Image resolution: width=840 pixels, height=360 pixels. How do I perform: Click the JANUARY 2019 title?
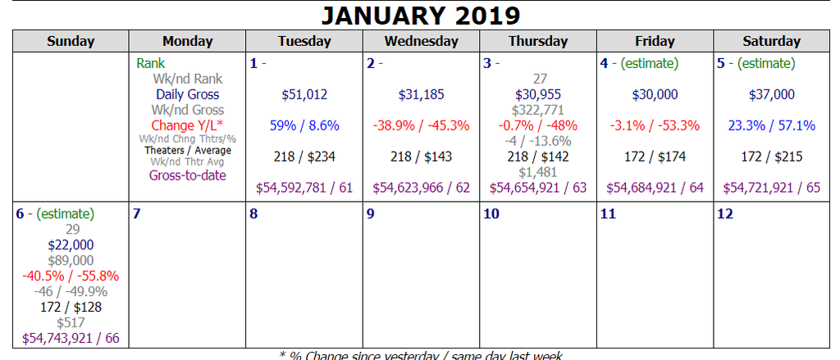coord(419,15)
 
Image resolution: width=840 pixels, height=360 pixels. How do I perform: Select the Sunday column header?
coord(71,41)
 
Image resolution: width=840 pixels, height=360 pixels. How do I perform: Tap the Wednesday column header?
coord(422,41)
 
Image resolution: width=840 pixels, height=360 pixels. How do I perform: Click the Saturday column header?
coord(771,41)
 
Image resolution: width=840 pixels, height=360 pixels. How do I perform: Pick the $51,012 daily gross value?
coord(304,94)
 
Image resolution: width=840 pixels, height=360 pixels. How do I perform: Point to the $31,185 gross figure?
coord(422,94)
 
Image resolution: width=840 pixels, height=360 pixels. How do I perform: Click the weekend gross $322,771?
coord(538,110)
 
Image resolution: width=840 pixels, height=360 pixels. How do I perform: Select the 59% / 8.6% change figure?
coord(304,125)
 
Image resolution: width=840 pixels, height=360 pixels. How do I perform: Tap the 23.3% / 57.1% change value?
coord(772,125)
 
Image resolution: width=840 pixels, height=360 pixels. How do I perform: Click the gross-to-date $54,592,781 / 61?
coord(304,188)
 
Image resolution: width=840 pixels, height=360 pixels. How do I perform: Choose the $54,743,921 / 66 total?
coord(71,337)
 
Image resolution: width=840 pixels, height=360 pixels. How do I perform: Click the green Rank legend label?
coord(150,63)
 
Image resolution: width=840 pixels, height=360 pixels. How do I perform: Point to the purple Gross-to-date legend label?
coord(188,175)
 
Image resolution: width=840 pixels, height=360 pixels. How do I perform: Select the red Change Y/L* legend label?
coord(188,125)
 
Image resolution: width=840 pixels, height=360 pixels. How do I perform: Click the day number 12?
coord(725,214)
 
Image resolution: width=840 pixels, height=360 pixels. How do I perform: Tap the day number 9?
coord(371,214)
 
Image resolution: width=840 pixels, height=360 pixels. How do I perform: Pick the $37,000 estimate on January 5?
coord(772,94)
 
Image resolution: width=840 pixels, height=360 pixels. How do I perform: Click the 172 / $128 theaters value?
coord(71,307)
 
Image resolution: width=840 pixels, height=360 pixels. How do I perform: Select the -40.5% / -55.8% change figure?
coord(71,276)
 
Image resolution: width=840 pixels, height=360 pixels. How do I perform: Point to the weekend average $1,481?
coord(538,172)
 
